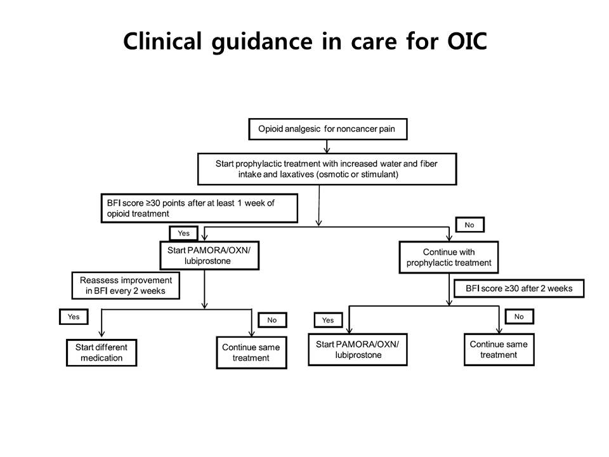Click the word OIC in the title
click(468, 41)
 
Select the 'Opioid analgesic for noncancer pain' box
click(328, 129)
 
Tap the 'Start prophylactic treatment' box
click(327, 169)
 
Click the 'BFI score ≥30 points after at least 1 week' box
click(199, 208)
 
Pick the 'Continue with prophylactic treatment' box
click(449, 257)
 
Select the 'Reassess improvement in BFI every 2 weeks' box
click(126, 286)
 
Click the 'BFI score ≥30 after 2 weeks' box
click(519, 288)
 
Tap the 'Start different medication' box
click(101, 352)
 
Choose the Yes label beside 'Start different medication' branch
click(74, 317)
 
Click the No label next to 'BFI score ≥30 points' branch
click(469, 225)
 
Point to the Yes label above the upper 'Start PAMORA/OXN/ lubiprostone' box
click(184, 233)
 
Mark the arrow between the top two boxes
click(327, 147)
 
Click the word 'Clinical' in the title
click(163, 41)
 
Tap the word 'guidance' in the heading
click(262, 42)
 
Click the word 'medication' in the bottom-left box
click(101, 358)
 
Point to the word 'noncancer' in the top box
click(346, 129)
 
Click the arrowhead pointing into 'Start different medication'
click(101, 334)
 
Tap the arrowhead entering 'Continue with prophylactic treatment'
click(449, 238)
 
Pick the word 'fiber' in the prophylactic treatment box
click(428, 164)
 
